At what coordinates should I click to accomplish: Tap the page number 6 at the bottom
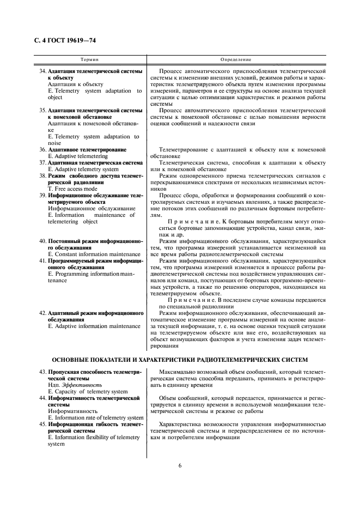(179, 465)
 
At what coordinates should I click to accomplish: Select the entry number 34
(42, 71)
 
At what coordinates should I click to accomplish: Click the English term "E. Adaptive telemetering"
(78, 156)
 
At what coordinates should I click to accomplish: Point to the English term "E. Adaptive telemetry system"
(83, 169)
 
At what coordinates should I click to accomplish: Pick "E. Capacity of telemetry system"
(88, 391)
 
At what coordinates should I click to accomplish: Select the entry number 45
(42, 424)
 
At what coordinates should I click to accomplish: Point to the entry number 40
(42, 241)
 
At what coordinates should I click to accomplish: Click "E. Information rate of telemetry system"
(96, 418)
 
